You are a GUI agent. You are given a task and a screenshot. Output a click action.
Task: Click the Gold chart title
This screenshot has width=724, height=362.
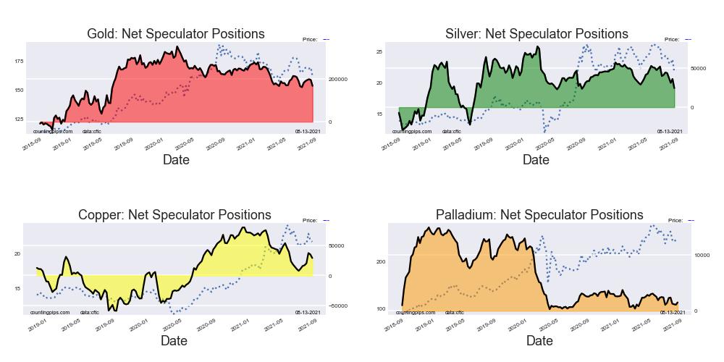coord(175,34)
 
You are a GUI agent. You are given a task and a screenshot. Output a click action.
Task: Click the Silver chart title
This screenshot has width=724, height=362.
coord(536,34)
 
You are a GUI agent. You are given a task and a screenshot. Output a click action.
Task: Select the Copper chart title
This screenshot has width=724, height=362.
coord(174,215)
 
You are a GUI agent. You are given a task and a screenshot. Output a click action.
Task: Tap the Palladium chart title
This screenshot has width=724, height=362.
coord(539,215)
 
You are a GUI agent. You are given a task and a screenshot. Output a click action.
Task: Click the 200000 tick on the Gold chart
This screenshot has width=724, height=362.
coord(338,79)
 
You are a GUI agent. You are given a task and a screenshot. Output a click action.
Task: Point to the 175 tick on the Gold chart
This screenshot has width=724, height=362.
coord(19,62)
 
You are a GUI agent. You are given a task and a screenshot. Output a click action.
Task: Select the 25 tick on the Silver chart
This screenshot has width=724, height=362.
coord(379,52)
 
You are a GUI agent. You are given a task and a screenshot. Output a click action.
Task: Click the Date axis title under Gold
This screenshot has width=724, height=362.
coord(175,160)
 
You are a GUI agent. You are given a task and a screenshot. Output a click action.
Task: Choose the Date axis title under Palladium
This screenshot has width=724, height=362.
coord(539,341)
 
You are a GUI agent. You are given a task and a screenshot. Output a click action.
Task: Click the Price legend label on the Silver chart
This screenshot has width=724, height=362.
coord(671,39)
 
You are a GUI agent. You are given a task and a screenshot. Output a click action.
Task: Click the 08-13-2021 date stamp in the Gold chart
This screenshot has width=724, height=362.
coord(308,131)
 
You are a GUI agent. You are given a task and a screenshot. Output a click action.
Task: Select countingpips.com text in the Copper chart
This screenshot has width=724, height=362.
coord(50,312)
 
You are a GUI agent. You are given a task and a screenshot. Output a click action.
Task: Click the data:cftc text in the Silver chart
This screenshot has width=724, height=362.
coord(452,131)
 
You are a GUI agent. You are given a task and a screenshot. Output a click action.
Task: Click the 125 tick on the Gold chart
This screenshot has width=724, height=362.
coord(19,119)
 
